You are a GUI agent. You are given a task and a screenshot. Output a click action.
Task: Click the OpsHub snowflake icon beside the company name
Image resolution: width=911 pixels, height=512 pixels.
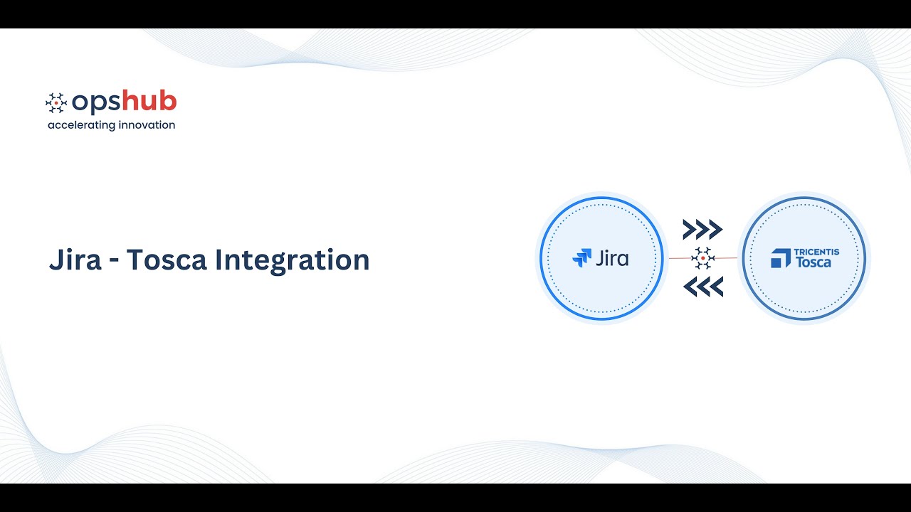56,103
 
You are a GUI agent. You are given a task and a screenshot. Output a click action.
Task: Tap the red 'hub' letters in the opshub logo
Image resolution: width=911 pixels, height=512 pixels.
149,102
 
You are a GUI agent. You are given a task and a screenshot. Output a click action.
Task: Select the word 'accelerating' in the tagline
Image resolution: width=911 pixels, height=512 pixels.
80,125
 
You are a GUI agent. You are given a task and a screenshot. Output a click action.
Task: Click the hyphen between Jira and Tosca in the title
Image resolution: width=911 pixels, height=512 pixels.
114,261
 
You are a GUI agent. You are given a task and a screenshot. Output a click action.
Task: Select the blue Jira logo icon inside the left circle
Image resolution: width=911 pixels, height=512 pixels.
581,258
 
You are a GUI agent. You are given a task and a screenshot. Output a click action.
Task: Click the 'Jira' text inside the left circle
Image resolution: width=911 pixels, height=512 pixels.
612,258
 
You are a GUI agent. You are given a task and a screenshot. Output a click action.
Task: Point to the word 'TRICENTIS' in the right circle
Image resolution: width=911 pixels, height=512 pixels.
816,252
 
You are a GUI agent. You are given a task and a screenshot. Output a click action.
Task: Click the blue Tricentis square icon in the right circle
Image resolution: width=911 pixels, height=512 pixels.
781,258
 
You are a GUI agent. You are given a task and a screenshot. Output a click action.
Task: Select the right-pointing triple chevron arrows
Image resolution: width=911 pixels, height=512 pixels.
702,230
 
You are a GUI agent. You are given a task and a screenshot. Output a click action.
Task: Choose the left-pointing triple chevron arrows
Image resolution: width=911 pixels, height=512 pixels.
702,287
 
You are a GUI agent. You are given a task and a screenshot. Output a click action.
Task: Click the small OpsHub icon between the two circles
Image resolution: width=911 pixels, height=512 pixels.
702,258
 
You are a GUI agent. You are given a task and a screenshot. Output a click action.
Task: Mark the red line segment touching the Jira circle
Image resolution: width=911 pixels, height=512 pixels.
679,258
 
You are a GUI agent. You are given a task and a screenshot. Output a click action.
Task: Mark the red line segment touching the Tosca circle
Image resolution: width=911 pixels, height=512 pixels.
726,258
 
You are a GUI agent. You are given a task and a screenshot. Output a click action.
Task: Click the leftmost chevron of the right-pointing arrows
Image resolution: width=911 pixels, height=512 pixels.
689,230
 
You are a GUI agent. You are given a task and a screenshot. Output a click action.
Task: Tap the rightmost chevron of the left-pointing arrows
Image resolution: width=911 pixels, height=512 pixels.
716,287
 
